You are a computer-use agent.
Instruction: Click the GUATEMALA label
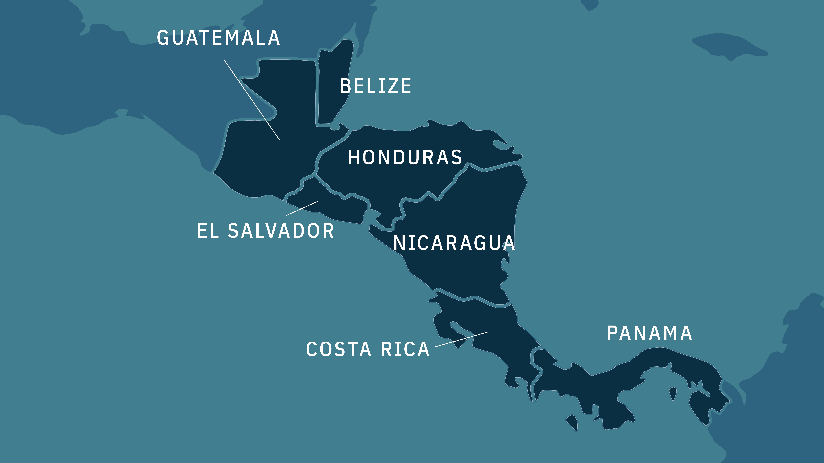coord(219,38)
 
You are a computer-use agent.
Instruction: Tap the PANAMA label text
coord(649,333)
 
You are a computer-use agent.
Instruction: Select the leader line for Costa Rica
coord(461,339)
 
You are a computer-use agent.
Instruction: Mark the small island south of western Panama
coord(573,422)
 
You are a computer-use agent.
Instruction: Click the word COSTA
coord(338,349)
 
